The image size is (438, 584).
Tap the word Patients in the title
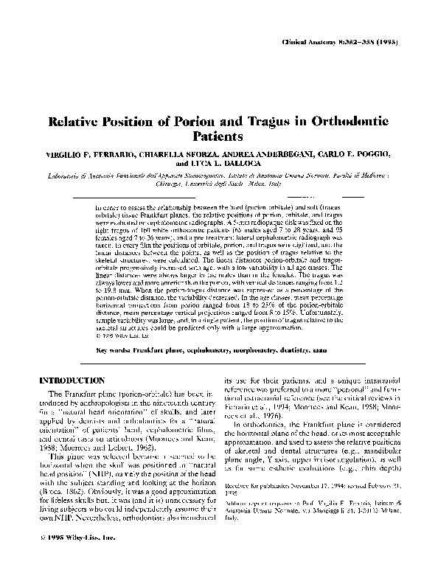coord(218,136)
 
